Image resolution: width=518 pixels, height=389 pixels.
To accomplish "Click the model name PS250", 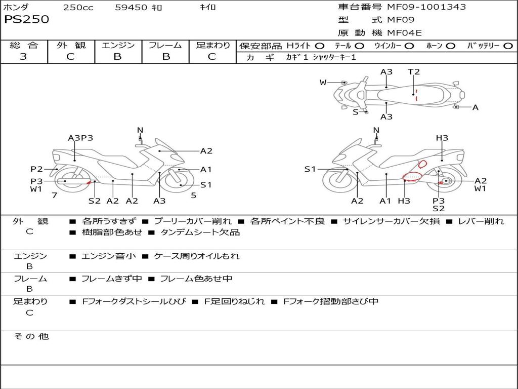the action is click(x=26, y=19).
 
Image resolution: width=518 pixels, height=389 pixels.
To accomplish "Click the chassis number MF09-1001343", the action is click(x=426, y=7).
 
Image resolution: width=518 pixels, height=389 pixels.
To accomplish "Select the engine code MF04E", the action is click(x=404, y=33).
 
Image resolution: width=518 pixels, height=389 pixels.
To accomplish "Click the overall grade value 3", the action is click(x=23, y=56).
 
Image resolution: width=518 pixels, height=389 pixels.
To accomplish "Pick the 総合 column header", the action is click(x=24, y=45).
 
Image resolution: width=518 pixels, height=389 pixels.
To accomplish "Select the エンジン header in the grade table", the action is click(x=118, y=45).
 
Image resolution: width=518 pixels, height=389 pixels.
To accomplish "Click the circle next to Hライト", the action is click(x=320, y=46).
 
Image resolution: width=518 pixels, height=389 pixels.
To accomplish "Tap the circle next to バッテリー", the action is click(x=508, y=46).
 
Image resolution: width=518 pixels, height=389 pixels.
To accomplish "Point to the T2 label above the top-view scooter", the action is click(x=414, y=72).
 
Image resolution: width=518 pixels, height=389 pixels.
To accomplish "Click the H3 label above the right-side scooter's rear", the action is click(x=442, y=138).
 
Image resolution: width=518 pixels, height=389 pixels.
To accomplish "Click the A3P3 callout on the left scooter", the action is click(x=80, y=138).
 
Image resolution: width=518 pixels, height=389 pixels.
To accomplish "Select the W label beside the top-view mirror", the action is click(x=323, y=83).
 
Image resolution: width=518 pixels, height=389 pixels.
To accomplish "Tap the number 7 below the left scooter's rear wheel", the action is click(x=55, y=196).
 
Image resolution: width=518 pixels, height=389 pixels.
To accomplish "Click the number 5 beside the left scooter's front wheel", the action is click(x=194, y=196).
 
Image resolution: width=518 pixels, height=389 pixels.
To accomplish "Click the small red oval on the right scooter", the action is click(x=422, y=164).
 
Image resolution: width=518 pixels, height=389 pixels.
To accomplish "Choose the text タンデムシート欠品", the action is click(x=200, y=232).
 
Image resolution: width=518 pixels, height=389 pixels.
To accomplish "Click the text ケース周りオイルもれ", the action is click(x=197, y=256).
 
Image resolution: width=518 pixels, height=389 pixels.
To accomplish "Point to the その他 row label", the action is click(x=31, y=336).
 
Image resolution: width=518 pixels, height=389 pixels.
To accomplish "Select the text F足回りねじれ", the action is click(x=235, y=301).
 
